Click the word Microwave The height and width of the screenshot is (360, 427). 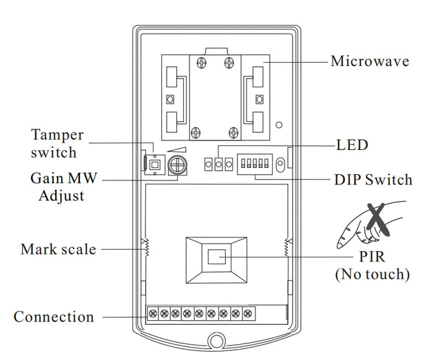tap(370, 61)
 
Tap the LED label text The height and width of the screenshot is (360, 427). tap(352, 145)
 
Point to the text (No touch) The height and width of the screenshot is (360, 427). tap(372, 275)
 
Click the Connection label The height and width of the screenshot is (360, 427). tap(54, 317)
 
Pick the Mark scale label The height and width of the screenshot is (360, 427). tap(59, 248)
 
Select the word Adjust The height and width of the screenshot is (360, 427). tap(61, 195)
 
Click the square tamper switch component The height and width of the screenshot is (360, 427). tap(154, 164)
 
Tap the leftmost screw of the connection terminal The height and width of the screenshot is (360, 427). tap(152, 313)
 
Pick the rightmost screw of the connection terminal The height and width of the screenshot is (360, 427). tap(247, 313)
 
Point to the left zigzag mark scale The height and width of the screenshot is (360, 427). tap(145, 246)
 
